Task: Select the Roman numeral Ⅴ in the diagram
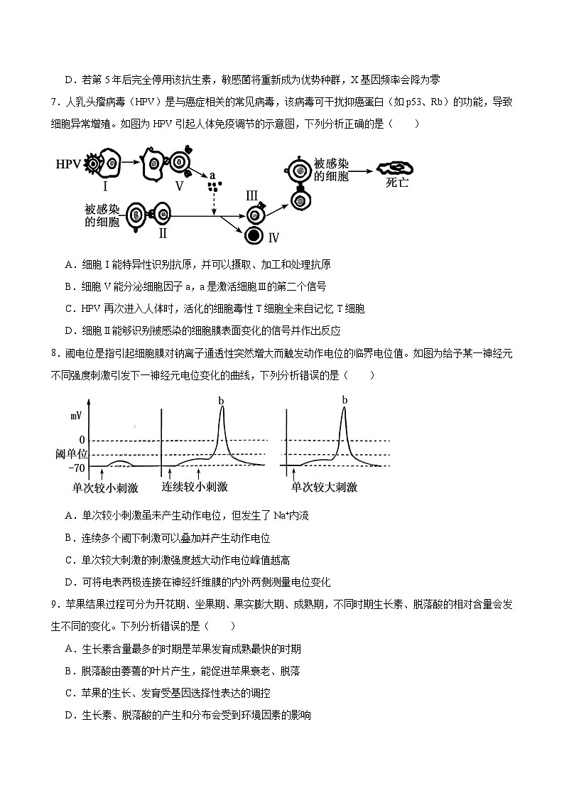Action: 179,186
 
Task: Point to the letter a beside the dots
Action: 212,175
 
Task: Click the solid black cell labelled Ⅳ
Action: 254,236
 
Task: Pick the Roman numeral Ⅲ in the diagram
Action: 252,195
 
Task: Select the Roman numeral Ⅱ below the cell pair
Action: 163,234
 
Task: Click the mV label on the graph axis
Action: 76,414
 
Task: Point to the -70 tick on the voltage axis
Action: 77,468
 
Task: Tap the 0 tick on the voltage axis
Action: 82,440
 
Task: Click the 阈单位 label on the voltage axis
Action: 71,453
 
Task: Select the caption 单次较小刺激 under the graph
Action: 105,487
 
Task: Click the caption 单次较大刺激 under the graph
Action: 324,487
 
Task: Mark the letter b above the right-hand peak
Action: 345,400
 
